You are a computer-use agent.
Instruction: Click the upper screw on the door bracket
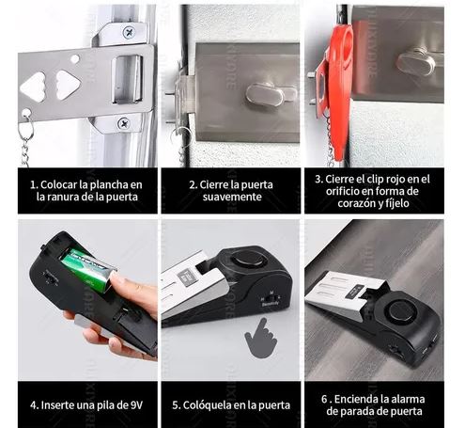(x=129, y=32)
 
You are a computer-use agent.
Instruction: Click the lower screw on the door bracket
(x=124, y=123)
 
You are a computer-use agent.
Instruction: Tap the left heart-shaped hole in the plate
(x=33, y=87)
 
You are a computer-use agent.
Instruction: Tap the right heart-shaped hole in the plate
(x=68, y=85)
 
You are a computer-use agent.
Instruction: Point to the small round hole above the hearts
(x=75, y=59)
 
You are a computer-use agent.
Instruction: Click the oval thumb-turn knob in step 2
(x=265, y=94)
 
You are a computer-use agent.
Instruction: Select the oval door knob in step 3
(x=414, y=62)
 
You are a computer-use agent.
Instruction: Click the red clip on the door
(x=335, y=91)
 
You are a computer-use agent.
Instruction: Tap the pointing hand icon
(x=261, y=339)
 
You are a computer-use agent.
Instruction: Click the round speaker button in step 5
(x=248, y=260)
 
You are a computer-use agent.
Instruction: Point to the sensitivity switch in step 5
(x=271, y=297)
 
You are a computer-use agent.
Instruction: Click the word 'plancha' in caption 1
(x=108, y=185)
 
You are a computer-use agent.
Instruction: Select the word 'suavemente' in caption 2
(x=232, y=197)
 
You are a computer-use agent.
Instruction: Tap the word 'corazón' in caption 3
(x=357, y=203)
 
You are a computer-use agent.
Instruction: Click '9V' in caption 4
(x=136, y=405)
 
